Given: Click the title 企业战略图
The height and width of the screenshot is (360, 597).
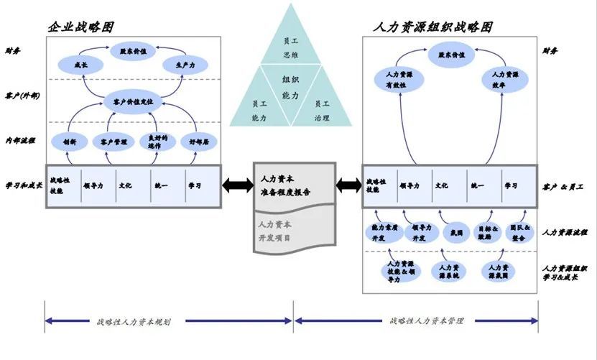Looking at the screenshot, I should pyautogui.click(x=81, y=27).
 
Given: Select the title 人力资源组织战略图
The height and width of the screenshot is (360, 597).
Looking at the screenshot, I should pyautogui.click(x=433, y=27).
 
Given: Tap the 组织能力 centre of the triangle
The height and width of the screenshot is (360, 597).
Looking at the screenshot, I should pyautogui.click(x=291, y=86).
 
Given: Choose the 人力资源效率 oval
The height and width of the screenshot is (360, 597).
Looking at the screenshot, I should pyautogui.click(x=505, y=79).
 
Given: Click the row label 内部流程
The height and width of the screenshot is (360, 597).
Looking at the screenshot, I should pyautogui.click(x=20, y=140).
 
